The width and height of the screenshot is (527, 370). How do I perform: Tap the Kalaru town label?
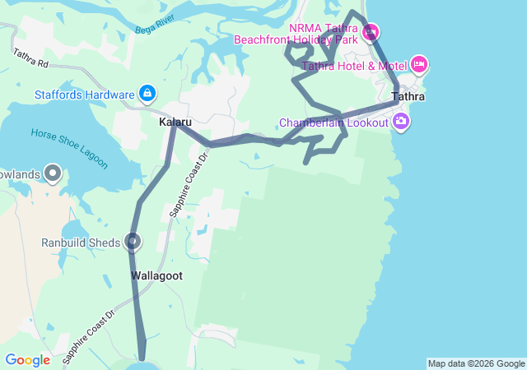[175, 122]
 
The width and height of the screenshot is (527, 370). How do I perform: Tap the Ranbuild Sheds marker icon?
[133, 242]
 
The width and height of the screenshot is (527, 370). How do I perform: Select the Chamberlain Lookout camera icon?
[401, 123]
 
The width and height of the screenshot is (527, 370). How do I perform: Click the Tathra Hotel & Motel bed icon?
[419, 64]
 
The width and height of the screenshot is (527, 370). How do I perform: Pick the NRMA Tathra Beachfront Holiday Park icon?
[370, 33]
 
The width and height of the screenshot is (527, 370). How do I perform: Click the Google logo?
[27, 360]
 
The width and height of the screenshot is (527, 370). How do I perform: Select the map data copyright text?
[475, 363]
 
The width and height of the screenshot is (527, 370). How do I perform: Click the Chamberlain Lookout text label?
[333, 123]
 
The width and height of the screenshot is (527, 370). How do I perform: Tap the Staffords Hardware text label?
[84, 94]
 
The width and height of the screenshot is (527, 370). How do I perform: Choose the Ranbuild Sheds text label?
[81, 243]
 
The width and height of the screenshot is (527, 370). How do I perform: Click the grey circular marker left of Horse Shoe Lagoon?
[54, 173]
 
